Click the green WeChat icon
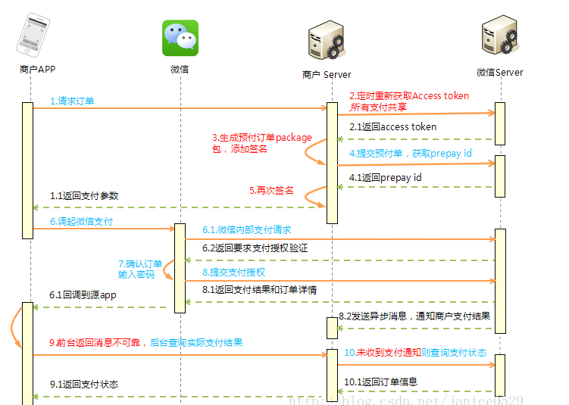click(x=180, y=38)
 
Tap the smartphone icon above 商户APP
click(x=31, y=33)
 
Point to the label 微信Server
click(x=499, y=73)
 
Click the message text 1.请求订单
click(x=72, y=101)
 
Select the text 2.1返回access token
click(x=392, y=127)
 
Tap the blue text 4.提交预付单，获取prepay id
click(x=410, y=154)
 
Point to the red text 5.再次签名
click(x=271, y=191)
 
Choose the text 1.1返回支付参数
click(x=84, y=195)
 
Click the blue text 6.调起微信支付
click(x=81, y=222)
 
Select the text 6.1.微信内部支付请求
click(x=246, y=229)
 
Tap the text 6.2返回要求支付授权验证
click(x=255, y=248)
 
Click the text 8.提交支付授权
click(x=233, y=272)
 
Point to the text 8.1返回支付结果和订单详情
click(x=259, y=289)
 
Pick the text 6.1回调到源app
click(x=83, y=295)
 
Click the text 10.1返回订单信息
click(x=380, y=382)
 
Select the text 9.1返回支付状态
click(x=84, y=385)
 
